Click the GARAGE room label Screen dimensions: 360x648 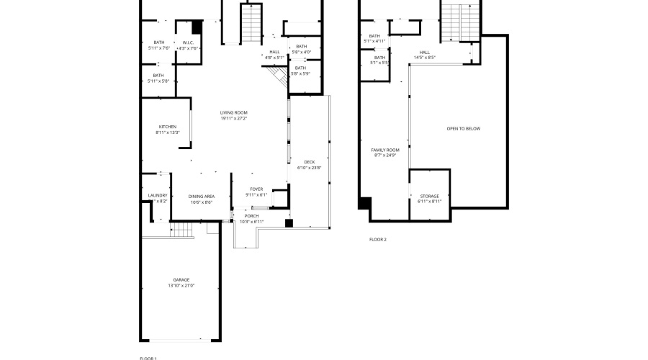181,279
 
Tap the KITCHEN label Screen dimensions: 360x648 167,127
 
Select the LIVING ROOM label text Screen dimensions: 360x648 234,112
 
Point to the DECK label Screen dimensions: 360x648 310,162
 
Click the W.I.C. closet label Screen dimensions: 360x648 188,42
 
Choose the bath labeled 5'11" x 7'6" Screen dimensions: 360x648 158,45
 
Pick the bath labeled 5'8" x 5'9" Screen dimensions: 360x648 301,70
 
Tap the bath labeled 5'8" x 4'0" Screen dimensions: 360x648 301,49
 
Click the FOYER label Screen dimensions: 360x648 256,189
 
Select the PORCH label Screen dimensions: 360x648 251,216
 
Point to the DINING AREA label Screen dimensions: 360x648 202,196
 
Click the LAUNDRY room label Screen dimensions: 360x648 158,195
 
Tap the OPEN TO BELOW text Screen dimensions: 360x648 463,129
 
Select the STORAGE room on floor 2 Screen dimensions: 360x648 429,196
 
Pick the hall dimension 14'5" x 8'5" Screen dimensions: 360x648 425,57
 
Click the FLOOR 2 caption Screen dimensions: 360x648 377,239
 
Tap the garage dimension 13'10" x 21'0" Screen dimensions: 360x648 181,286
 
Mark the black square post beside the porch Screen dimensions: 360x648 289,223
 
